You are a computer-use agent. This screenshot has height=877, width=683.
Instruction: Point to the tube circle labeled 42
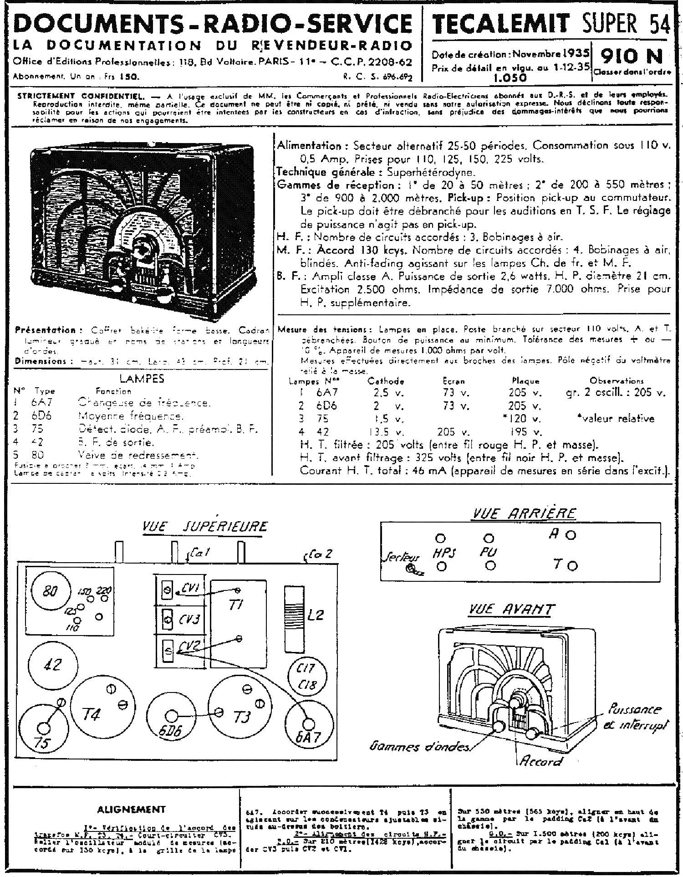point(52,665)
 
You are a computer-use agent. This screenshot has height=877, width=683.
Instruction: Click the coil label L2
point(316,615)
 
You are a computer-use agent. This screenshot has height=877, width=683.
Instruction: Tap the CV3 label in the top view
point(191,619)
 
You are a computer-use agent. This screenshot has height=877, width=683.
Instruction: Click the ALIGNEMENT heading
point(131,810)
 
